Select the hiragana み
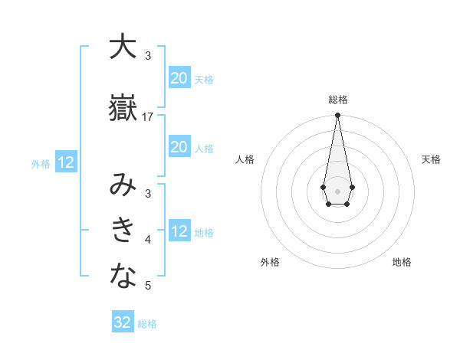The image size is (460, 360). (x=123, y=185)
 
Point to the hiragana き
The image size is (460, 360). (x=123, y=230)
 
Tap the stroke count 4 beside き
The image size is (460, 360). (x=148, y=240)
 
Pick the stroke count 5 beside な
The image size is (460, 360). (x=148, y=286)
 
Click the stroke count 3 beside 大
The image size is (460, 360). (x=148, y=55)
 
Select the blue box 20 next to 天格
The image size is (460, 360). (x=179, y=78)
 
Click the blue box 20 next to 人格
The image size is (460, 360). (x=179, y=147)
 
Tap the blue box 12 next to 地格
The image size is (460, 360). (x=179, y=231)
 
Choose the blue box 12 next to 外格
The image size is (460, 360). (x=66, y=162)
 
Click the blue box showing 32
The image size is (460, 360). (x=123, y=322)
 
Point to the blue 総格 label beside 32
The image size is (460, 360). (x=147, y=324)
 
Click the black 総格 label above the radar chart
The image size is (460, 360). (x=337, y=100)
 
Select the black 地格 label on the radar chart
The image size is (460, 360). (x=402, y=262)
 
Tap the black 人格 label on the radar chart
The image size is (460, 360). (x=245, y=159)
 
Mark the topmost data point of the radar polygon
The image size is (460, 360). (x=337, y=115)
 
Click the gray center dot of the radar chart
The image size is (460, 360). (x=337, y=190)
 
